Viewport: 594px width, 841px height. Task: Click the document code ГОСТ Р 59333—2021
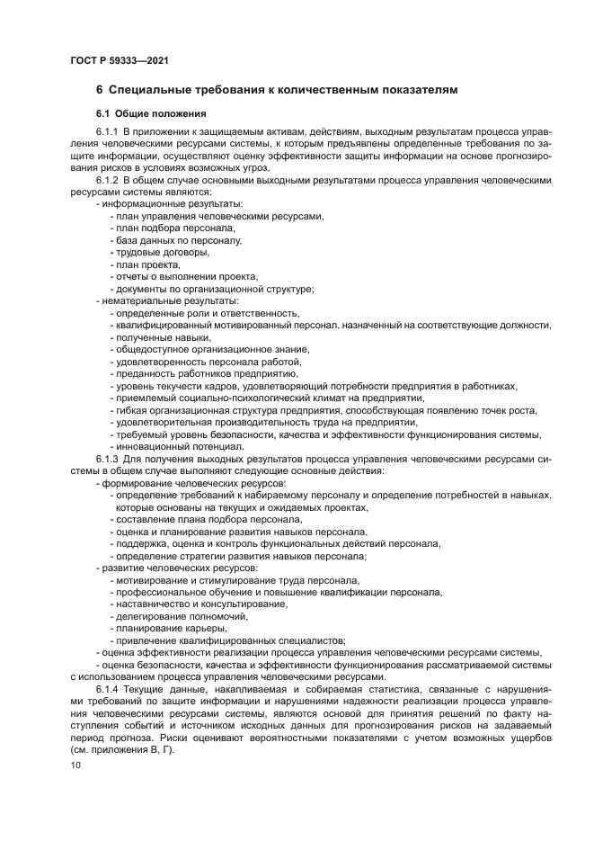[119, 60]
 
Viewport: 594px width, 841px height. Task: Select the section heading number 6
[100, 90]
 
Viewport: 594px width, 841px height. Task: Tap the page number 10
[75, 765]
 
